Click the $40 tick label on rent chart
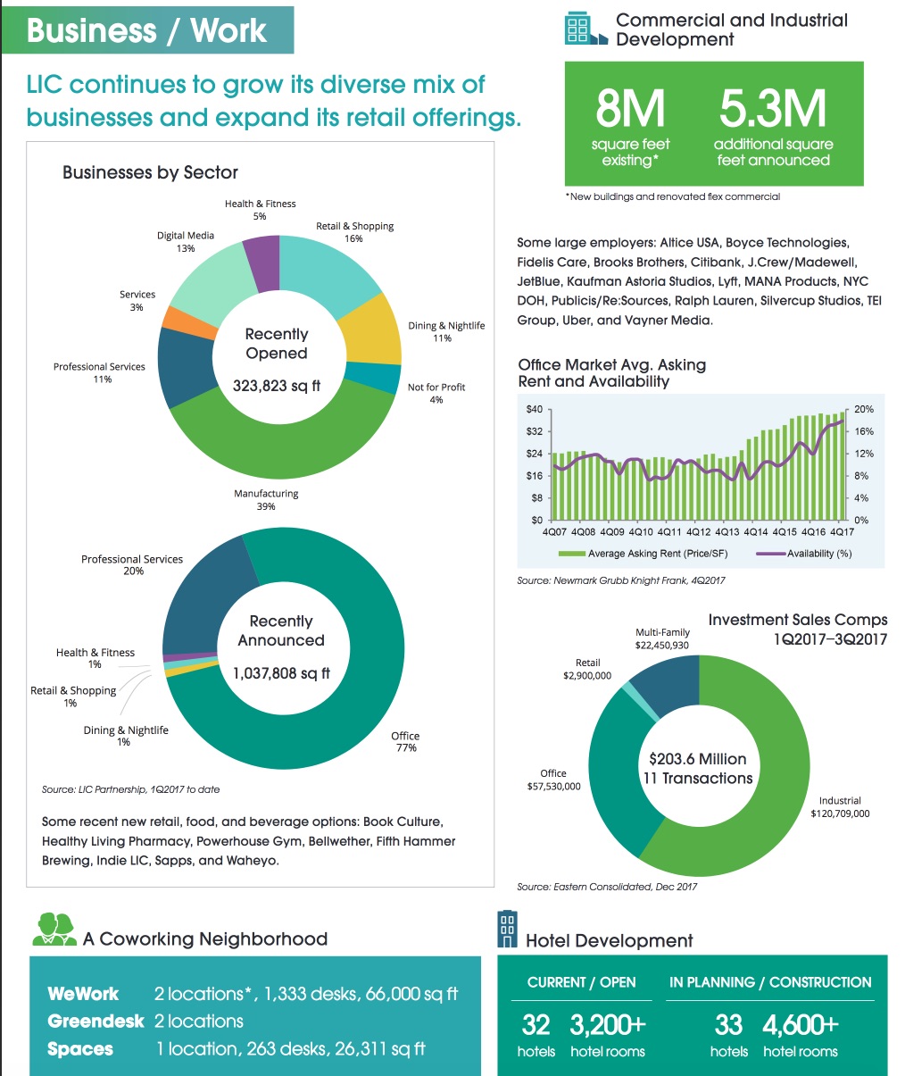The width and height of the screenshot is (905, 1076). [534, 409]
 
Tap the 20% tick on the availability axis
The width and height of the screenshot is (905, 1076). [863, 409]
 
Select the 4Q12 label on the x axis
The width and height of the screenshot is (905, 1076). [698, 531]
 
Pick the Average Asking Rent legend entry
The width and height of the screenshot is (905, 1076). [643, 554]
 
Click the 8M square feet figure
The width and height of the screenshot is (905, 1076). [630, 110]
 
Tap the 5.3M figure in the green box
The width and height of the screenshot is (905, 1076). [773, 110]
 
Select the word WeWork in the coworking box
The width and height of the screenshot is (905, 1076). [83, 994]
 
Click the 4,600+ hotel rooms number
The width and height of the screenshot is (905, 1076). [801, 1024]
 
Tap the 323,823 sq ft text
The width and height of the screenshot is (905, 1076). [277, 386]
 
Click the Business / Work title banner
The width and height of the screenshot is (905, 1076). [146, 30]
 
